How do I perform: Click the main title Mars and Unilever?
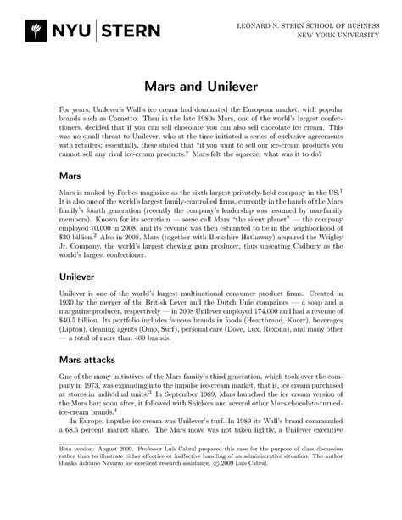[201, 87]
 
